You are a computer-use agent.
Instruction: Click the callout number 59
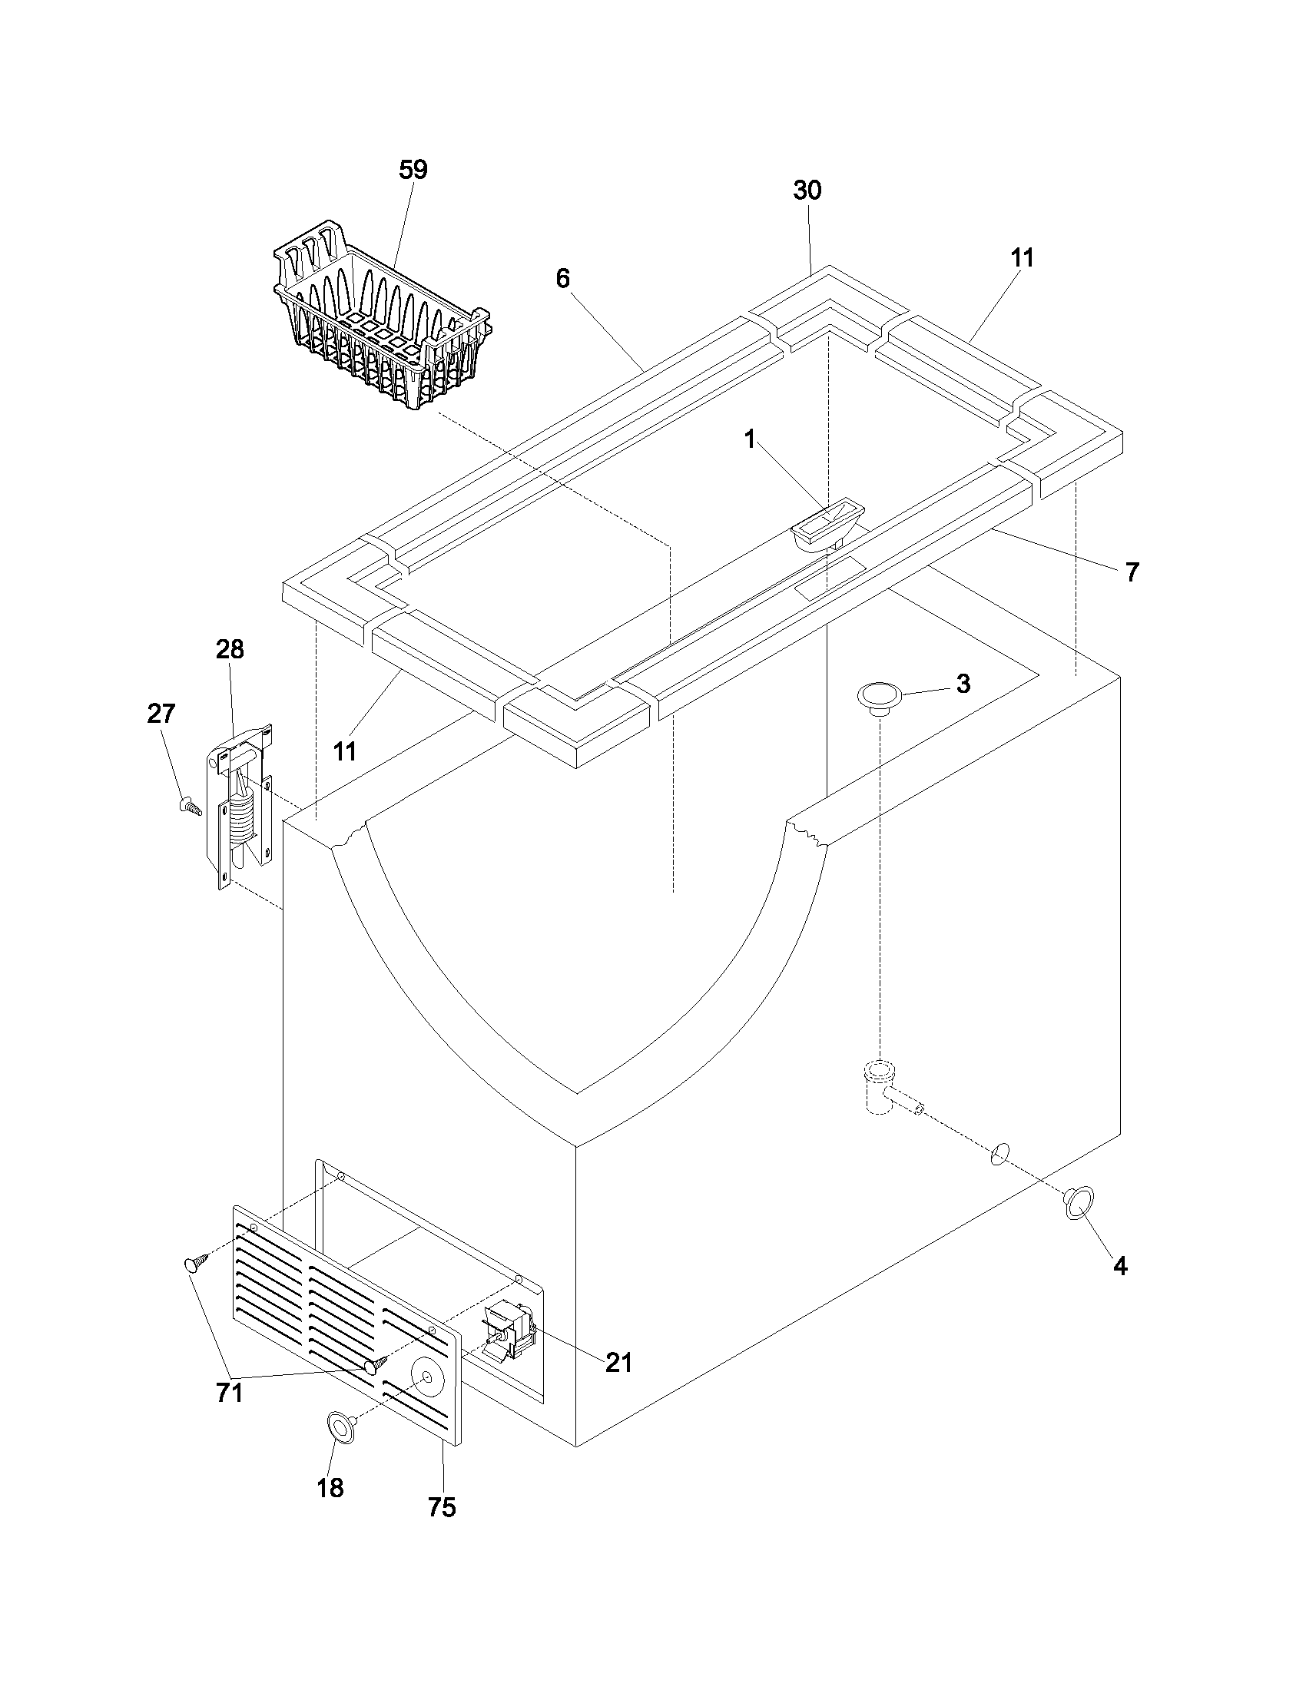click(413, 171)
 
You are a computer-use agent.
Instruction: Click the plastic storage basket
click(379, 325)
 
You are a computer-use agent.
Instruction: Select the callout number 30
click(807, 191)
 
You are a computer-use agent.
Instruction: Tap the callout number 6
click(562, 279)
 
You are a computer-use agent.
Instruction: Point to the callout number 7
click(1132, 572)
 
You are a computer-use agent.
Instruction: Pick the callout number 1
click(749, 439)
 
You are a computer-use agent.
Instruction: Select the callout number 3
click(963, 684)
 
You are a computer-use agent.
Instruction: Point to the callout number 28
click(230, 650)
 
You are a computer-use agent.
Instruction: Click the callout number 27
click(161, 714)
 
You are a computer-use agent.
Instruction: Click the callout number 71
click(230, 1393)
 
